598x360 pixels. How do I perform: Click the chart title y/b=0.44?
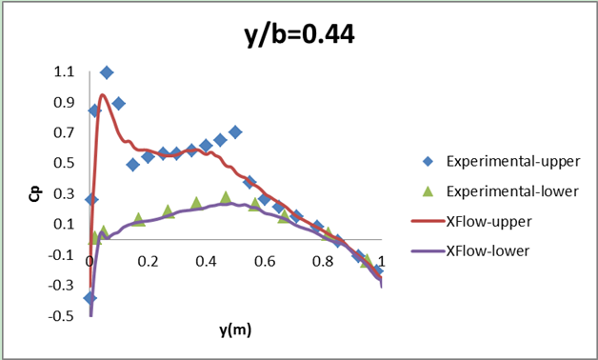click(x=299, y=35)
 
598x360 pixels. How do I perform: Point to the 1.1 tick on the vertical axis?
click(x=63, y=71)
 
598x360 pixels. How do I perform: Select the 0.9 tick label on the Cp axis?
click(x=63, y=102)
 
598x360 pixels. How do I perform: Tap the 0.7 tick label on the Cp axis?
click(x=63, y=132)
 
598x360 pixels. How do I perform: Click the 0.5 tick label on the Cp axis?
click(x=63, y=163)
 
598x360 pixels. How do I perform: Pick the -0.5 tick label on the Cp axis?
click(x=61, y=316)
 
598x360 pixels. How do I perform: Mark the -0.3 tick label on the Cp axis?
click(x=61, y=286)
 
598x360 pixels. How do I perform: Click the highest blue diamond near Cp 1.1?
click(x=107, y=72)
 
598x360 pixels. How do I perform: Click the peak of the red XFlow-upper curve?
click(x=102, y=94)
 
